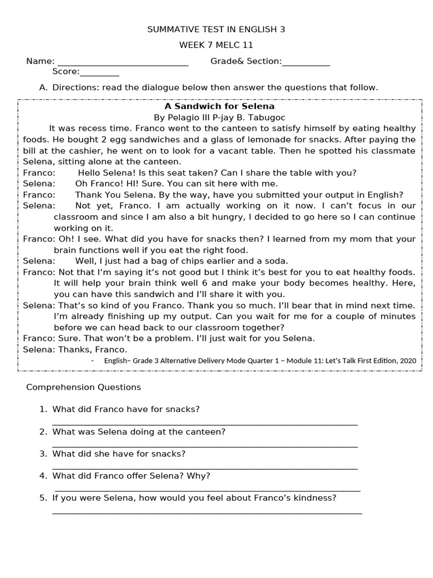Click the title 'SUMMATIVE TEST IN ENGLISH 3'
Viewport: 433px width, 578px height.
point(216,29)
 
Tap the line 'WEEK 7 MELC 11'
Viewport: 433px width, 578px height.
point(216,45)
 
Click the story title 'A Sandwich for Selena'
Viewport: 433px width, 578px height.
point(219,106)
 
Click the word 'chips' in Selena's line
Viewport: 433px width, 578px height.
point(200,261)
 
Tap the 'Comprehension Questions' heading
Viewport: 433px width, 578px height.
point(83,387)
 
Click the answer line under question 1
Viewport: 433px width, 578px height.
point(205,423)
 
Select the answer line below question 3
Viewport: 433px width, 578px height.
point(205,467)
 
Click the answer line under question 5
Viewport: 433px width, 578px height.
point(207,512)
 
